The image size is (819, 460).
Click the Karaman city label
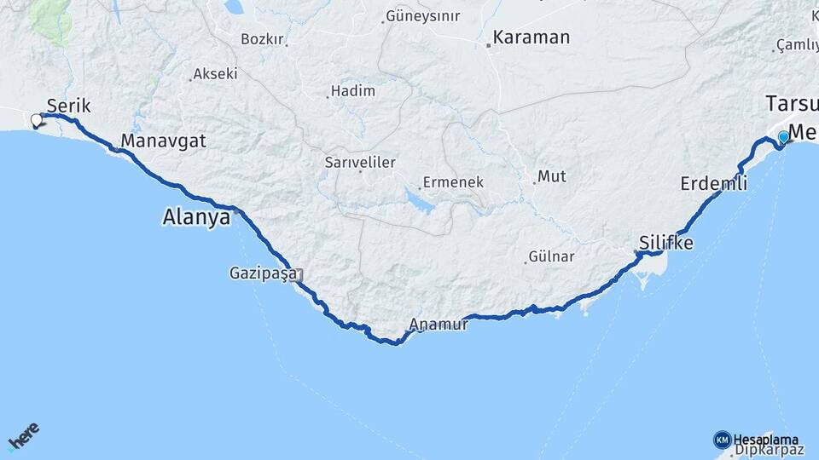[x=531, y=38]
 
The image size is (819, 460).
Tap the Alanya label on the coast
[x=196, y=218]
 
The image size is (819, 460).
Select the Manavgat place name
[x=164, y=141]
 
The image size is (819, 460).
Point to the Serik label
[x=68, y=106]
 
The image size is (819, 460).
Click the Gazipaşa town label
[x=262, y=273]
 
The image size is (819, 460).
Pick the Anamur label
[x=439, y=325]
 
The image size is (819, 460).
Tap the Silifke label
[x=666, y=244]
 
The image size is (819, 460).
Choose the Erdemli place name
[x=714, y=183]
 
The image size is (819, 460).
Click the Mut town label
[x=551, y=176]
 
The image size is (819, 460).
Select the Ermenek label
[x=454, y=182]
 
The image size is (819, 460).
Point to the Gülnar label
[x=551, y=256]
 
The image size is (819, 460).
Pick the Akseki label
[x=215, y=74]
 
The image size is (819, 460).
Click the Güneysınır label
[x=423, y=16]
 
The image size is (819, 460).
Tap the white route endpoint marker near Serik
[x=37, y=120]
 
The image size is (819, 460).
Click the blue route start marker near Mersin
[x=783, y=137]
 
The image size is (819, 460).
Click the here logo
[x=24, y=437]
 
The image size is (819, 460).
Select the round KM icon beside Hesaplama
[x=722, y=440]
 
